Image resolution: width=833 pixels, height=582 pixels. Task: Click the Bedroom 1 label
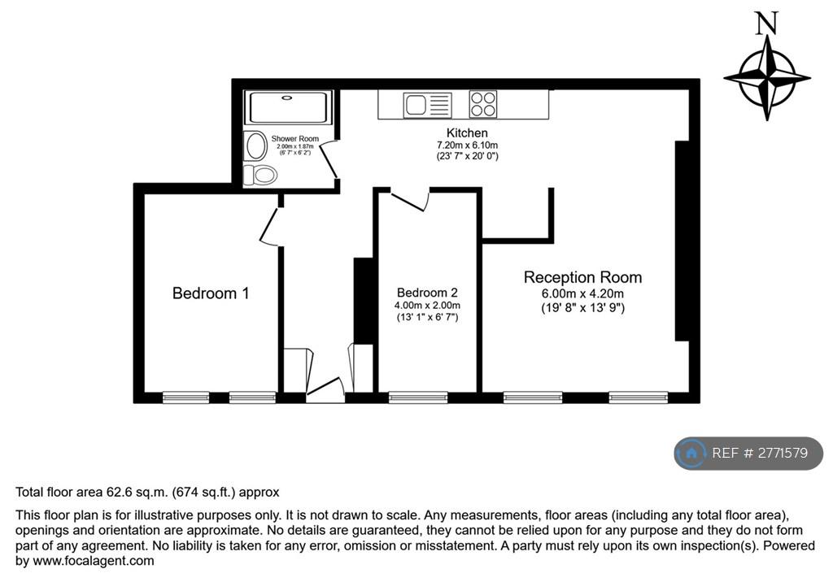pos(211,293)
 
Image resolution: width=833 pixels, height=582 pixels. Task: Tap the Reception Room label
pos(582,277)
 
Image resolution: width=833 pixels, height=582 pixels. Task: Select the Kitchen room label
pos(467,132)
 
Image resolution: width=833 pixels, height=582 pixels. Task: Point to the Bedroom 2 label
pos(427,293)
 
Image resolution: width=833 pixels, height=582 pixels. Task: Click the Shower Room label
pos(294,139)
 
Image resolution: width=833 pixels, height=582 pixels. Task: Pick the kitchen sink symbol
pos(428,105)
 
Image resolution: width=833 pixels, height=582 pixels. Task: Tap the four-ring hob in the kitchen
pos(483,104)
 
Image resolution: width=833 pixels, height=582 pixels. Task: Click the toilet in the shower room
pos(260,175)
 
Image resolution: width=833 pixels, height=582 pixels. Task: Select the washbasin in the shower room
pos(256,146)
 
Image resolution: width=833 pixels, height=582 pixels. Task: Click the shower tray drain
pos(287,98)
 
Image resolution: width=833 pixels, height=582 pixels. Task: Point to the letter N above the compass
pos(766,24)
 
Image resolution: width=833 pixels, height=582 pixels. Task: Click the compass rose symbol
pos(766,78)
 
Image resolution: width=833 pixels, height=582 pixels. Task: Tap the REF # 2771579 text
pos(760,453)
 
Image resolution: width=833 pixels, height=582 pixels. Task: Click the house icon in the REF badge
pos(691,453)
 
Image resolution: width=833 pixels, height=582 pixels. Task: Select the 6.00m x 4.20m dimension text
pos(582,293)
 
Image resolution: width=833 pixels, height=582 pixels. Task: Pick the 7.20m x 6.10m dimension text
pos(467,145)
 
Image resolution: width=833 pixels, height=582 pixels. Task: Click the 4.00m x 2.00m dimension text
pos(427,306)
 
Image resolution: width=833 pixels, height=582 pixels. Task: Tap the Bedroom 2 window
pos(418,397)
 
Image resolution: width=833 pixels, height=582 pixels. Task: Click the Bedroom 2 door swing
pos(411,199)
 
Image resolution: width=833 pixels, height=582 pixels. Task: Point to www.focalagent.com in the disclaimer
pos(94,560)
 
